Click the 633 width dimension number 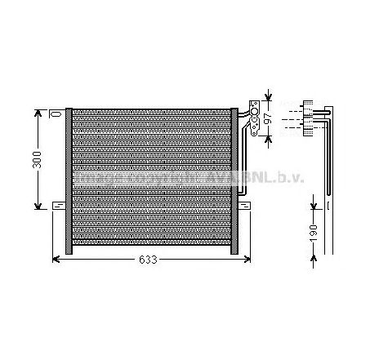[x=146, y=260]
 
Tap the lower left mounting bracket [x=58, y=203]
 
